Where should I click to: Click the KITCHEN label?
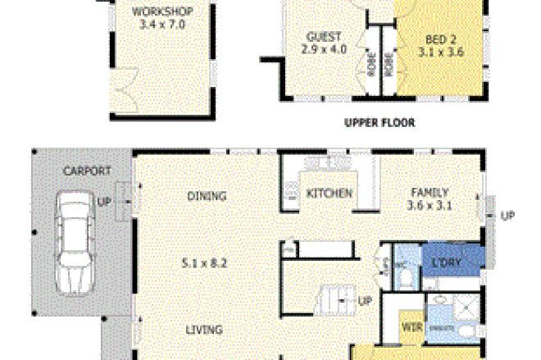pyautogui.click(x=329, y=194)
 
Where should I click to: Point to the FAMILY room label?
pyautogui.click(x=430, y=194)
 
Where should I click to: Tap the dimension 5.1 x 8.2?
pyautogui.click(x=204, y=264)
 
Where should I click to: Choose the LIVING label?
pyautogui.click(x=204, y=330)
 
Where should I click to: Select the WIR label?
pyautogui.click(x=411, y=326)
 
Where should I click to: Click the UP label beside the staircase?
pyautogui.click(x=366, y=301)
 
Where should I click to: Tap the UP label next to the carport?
pyautogui.click(x=105, y=201)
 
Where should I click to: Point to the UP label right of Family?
pyautogui.click(x=507, y=216)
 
